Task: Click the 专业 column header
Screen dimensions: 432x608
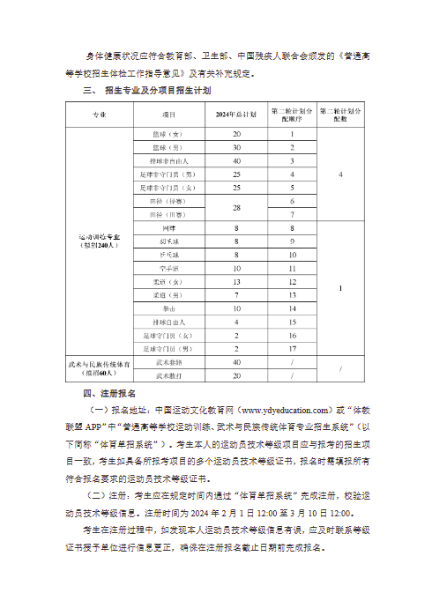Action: (97, 115)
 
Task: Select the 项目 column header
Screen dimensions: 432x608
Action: (168, 115)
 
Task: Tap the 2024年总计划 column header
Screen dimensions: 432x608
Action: (236, 115)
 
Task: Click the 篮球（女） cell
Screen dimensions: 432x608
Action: (168, 133)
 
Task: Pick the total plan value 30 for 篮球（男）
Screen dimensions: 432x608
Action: (236, 147)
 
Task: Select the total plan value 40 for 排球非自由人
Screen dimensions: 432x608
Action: (236, 160)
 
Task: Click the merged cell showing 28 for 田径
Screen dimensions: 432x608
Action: (236, 208)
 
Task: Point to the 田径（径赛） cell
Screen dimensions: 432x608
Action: (168, 201)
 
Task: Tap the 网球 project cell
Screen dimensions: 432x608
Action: (168, 228)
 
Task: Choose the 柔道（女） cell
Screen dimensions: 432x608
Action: (168, 282)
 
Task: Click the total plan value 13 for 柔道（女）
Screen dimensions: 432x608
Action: (236, 282)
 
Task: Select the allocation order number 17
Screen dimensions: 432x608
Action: (292, 349)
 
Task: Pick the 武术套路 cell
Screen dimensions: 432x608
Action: (168, 362)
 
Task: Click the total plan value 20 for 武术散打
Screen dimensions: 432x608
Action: (236, 376)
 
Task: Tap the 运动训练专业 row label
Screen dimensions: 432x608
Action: (97, 241)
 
